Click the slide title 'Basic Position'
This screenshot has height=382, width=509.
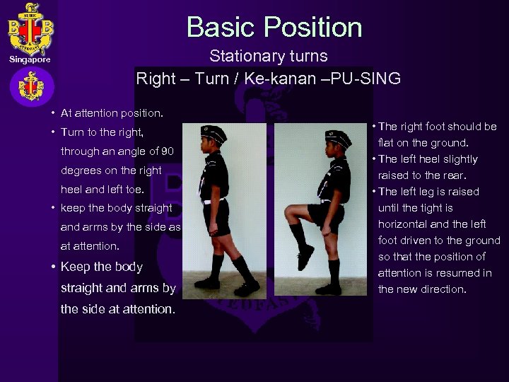[274, 28]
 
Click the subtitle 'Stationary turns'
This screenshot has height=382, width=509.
[268, 56]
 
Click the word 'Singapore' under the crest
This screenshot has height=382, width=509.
[30, 60]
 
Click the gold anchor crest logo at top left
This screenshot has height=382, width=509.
[30, 29]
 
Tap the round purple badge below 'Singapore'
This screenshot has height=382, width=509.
[31, 88]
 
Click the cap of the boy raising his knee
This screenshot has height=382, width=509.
[337, 139]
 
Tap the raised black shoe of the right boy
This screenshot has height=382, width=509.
[305, 256]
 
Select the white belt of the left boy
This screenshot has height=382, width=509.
[213, 202]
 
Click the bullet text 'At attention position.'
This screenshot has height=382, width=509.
[112, 113]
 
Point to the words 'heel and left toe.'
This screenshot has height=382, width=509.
[103, 190]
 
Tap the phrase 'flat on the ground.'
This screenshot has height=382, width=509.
[423, 143]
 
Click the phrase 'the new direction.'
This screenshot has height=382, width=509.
[422, 289]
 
